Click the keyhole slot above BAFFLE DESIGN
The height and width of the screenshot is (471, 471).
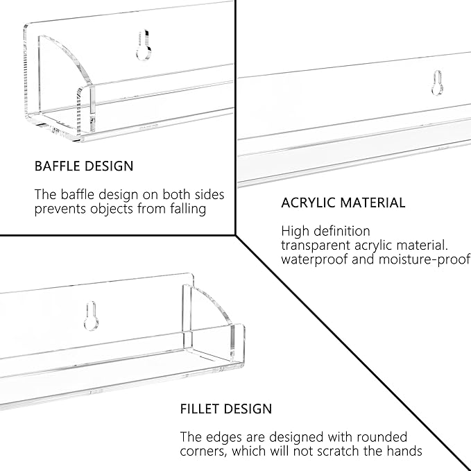point(144,45)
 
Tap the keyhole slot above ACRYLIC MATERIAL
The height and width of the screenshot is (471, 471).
point(437,83)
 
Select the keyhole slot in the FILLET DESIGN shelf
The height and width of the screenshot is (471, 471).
point(91,316)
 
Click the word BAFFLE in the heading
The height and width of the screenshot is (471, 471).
point(57,166)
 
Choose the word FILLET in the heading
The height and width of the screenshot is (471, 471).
point(200,409)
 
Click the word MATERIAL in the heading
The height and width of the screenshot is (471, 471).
point(374,203)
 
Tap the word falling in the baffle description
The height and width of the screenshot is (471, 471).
point(188,209)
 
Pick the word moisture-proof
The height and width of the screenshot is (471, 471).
point(425,259)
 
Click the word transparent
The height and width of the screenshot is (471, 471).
point(316,246)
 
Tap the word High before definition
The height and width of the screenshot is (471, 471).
point(291,231)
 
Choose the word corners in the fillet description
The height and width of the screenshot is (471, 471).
point(203,452)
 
